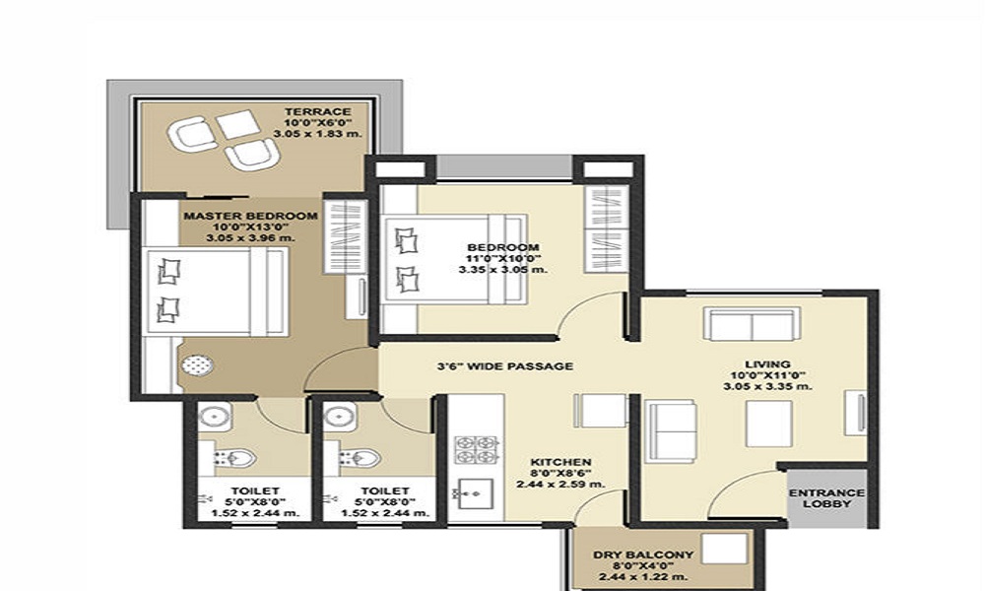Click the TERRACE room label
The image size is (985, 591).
(x=311, y=109)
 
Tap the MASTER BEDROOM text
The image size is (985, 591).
(x=251, y=216)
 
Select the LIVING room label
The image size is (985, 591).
(x=767, y=363)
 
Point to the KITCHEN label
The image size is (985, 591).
(x=560, y=461)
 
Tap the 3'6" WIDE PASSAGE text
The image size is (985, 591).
(x=505, y=366)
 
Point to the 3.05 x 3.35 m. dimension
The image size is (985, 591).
(x=767, y=387)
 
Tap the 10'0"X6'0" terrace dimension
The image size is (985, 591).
(x=311, y=122)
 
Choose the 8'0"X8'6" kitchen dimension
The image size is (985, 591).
(x=560, y=473)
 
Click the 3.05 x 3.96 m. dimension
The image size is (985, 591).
(x=251, y=238)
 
